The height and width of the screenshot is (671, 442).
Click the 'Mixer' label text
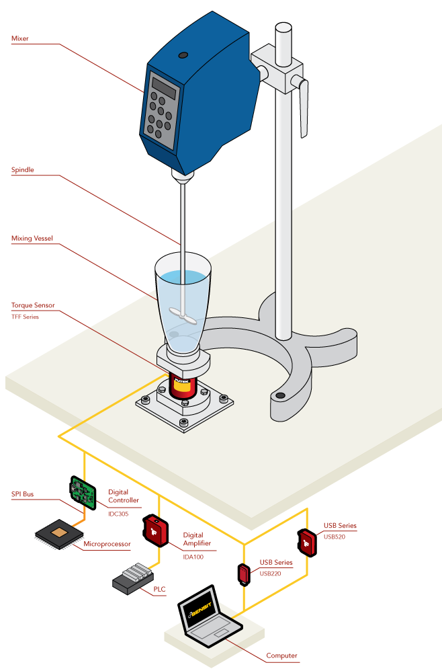[20, 38]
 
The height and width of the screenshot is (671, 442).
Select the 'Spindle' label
[22, 170]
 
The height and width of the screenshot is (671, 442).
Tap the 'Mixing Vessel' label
[32, 238]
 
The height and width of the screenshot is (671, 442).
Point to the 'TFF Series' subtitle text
[25, 316]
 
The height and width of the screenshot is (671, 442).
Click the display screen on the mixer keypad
[164, 87]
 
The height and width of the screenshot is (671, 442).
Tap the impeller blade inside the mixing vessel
[184, 314]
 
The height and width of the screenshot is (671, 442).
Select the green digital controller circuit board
[83, 491]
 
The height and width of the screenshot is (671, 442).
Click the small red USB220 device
[243, 574]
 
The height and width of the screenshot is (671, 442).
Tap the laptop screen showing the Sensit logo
[200, 608]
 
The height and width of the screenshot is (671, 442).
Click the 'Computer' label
[281, 656]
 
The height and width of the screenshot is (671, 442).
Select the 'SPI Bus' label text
[22, 494]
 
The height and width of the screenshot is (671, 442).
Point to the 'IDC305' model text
[118, 514]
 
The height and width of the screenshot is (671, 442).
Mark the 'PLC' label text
[159, 590]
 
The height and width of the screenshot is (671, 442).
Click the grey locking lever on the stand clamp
[304, 108]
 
